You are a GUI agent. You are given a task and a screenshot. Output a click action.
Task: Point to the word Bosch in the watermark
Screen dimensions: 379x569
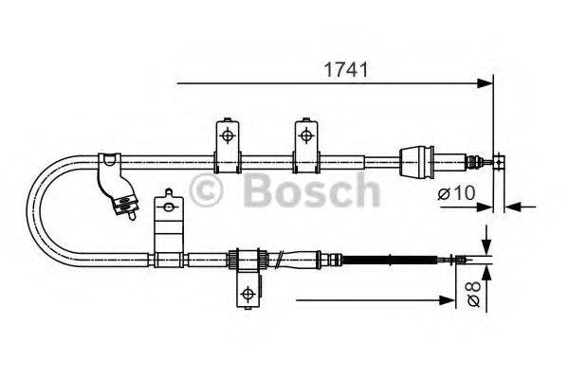(310, 191)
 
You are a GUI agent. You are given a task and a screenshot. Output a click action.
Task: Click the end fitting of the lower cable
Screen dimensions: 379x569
(463, 257)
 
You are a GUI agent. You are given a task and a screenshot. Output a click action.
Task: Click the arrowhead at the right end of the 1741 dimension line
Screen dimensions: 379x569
(487, 82)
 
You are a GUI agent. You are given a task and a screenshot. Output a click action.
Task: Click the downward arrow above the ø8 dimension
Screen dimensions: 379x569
(486, 245)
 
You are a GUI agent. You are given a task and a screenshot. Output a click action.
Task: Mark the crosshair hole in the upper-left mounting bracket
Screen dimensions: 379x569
(228, 135)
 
